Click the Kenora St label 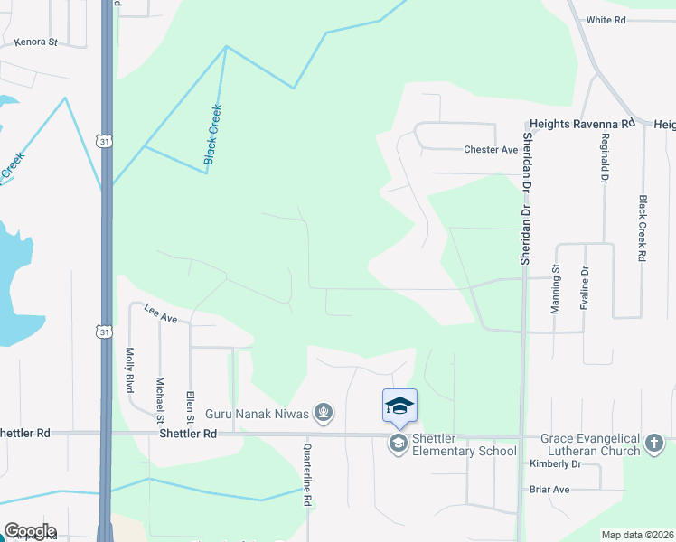coord(36,42)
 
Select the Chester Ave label coord(490,150)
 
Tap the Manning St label coord(556,289)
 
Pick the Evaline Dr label coord(586,289)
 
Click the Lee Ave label coord(161,314)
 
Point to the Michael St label coord(159,399)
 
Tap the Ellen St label coord(190,406)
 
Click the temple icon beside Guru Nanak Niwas coord(324,414)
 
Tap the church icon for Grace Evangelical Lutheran coord(655,443)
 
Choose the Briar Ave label coord(549,490)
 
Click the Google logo coord(29,531)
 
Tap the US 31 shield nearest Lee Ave coord(105,332)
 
